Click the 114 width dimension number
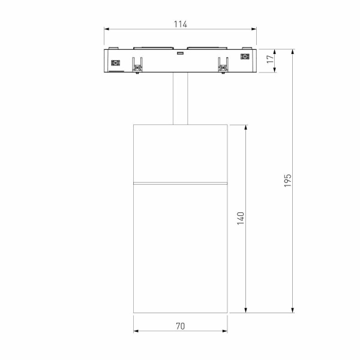(180, 24)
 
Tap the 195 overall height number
(287, 181)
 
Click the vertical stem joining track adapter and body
(181, 98)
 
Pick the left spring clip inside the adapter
(138, 64)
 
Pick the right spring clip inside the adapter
(223, 64)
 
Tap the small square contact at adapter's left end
(116, 62)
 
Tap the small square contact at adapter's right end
(244, 57)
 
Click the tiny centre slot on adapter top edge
(179, 53)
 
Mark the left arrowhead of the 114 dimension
(106, 28)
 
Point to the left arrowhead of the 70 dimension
(135, 331)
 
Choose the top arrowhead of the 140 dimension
(246, 127)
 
